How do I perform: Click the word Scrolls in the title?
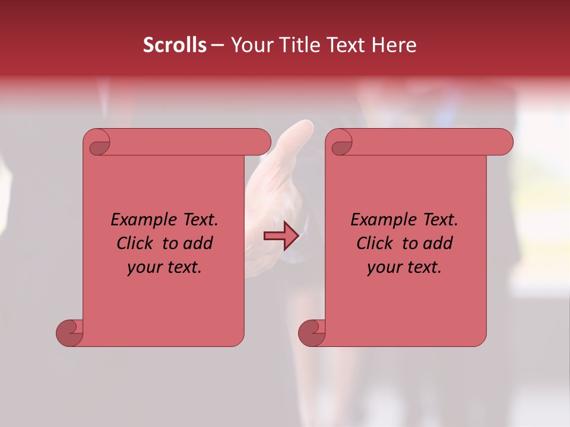(x=175, y=45)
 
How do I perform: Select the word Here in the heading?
(x=394, y=45)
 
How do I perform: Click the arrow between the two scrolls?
(x=281, y=236)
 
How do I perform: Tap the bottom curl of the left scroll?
(x=70, y=333)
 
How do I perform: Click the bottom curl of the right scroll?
(x=312, y=333)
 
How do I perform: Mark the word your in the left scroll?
(x=144, y=267)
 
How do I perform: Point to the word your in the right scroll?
(x=384, y=267)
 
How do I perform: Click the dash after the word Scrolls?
(x=217, y=45)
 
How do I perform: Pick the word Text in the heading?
(x=347, y=45)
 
